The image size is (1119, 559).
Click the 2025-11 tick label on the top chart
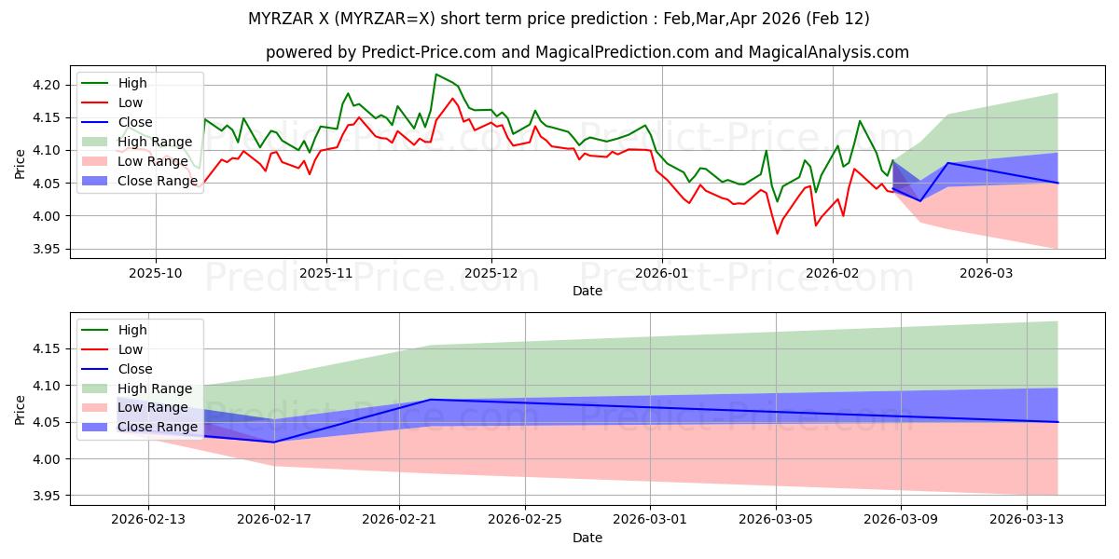(x=325, y=274)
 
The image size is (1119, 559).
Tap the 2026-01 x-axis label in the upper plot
(x=662, y=274)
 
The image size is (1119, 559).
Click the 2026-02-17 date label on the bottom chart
(x=274, y=520)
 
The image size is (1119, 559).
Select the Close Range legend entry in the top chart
(x=157, y=181)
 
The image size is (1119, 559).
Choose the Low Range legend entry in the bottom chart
(x=154, y=407)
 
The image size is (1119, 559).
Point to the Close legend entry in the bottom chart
(x=135, y=369)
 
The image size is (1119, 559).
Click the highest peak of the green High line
(x=435, y=75)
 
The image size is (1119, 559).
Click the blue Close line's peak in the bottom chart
(x=431, y=400)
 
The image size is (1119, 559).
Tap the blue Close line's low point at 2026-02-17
(x=274, y=442)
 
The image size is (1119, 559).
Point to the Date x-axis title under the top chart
(x=587, y=291)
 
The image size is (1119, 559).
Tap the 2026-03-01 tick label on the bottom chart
(x=651, y=520)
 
